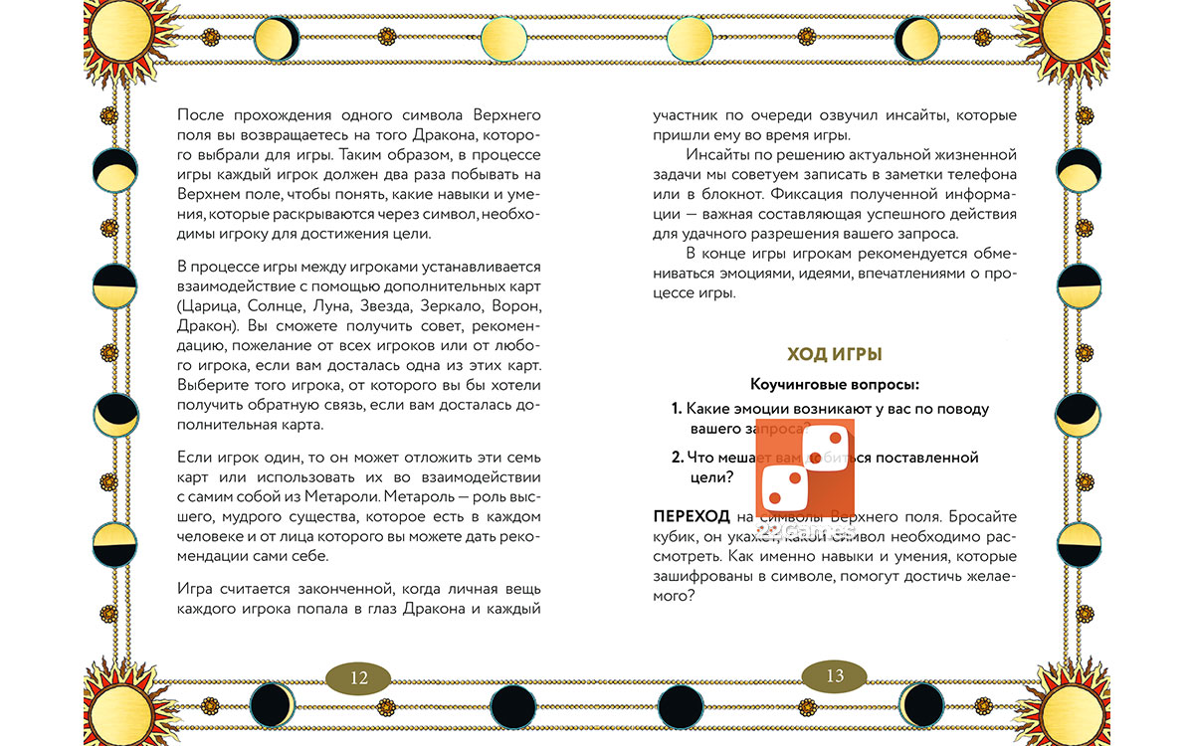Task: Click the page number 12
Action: click(359, 677)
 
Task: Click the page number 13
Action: click(834, 676)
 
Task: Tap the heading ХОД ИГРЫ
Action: click(834, 355)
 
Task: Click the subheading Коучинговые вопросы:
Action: click(834, 384)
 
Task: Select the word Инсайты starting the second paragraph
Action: click(718, 154)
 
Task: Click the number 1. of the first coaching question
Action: click(676, 409)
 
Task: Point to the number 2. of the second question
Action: click(677, 458)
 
